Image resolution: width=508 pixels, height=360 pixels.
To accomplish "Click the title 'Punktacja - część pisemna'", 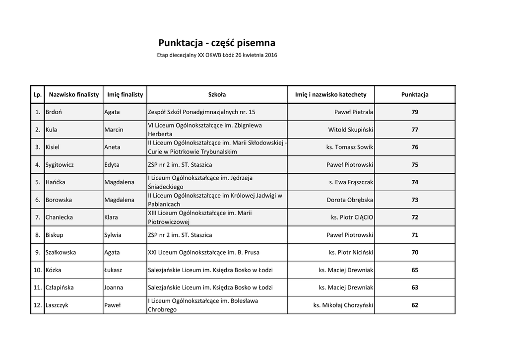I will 217,43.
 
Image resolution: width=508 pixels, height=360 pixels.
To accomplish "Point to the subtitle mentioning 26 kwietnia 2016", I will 217,55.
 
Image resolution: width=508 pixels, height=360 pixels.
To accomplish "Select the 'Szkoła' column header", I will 217,94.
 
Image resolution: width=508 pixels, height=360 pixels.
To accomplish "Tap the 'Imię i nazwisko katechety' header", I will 330,94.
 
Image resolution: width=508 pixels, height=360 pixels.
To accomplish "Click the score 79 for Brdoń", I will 415,112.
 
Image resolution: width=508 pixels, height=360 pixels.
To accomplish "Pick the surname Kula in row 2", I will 51,130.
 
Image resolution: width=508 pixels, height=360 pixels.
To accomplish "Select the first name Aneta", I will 112,147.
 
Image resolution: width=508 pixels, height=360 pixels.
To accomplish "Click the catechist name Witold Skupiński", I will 350,130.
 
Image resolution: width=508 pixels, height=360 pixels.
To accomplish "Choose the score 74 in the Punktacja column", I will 415,182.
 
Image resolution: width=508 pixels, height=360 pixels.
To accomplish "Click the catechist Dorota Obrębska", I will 350,200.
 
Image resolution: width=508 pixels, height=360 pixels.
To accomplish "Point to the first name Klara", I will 111,217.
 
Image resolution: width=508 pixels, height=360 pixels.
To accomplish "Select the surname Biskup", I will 54,235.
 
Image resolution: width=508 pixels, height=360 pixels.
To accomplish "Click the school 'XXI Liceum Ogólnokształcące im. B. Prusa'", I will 203,252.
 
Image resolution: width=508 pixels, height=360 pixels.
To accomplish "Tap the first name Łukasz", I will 113,270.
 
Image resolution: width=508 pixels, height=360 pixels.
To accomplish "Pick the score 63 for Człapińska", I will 415,288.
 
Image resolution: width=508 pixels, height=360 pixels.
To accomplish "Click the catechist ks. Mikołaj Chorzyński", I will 343,305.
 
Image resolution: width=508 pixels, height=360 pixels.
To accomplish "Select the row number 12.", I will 37,305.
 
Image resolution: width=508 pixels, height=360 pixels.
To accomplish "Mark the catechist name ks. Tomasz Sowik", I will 349,147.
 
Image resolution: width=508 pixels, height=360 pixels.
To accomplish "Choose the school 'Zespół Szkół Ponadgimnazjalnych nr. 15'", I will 202,112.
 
